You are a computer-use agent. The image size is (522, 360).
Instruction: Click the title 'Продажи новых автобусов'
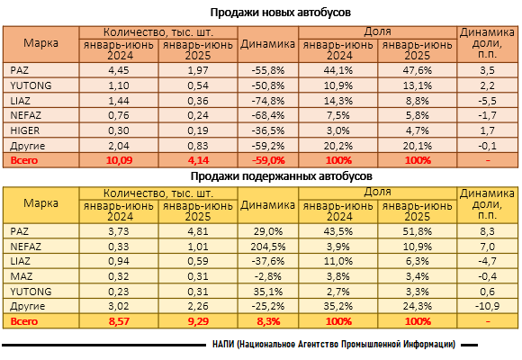pos(280,13)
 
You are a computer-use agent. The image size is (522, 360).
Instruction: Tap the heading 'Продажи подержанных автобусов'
pos(282,176)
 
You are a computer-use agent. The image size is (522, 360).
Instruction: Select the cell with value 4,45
pos(119,70)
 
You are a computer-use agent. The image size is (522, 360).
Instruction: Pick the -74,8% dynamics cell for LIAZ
pos(268,101)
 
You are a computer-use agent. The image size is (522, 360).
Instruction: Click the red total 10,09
pos(119,160)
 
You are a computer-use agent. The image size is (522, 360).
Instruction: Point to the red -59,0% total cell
pos(268,160)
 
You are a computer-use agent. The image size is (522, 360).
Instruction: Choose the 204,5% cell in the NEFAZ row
pos(268,247)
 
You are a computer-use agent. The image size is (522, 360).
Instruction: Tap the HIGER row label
pos(25,130)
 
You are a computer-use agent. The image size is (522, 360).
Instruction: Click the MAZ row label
pos(22,276)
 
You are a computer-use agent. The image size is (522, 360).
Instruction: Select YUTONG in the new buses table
pos(31,85)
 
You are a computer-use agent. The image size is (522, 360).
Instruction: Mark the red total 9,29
pos(198,321)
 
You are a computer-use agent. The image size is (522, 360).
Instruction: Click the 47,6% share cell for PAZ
pos(418,70)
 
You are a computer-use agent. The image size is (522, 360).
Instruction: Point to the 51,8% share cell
pos(418,231)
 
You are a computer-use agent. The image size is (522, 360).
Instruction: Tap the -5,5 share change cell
pos(488,101)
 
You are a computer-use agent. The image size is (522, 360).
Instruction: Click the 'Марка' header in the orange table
pos(40,43)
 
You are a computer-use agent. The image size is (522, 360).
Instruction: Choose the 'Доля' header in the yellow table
pos(377,192)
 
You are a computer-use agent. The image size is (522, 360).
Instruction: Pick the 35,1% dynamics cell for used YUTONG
pos(268,292)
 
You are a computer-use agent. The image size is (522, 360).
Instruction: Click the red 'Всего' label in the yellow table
pos(24,321)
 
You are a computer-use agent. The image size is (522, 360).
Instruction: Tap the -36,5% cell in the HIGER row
pos(268,130)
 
